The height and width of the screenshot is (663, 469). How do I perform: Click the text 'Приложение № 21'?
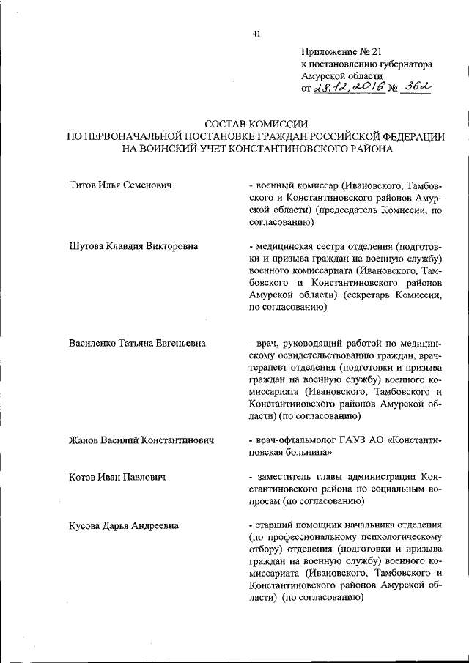click(x=341, y=51)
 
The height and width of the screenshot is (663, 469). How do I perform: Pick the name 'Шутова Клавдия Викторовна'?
click(x=133, y=246)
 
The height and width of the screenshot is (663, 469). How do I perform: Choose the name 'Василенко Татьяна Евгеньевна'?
click(x=137, y=343)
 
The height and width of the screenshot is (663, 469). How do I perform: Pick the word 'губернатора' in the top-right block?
click(x=399, y=64)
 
